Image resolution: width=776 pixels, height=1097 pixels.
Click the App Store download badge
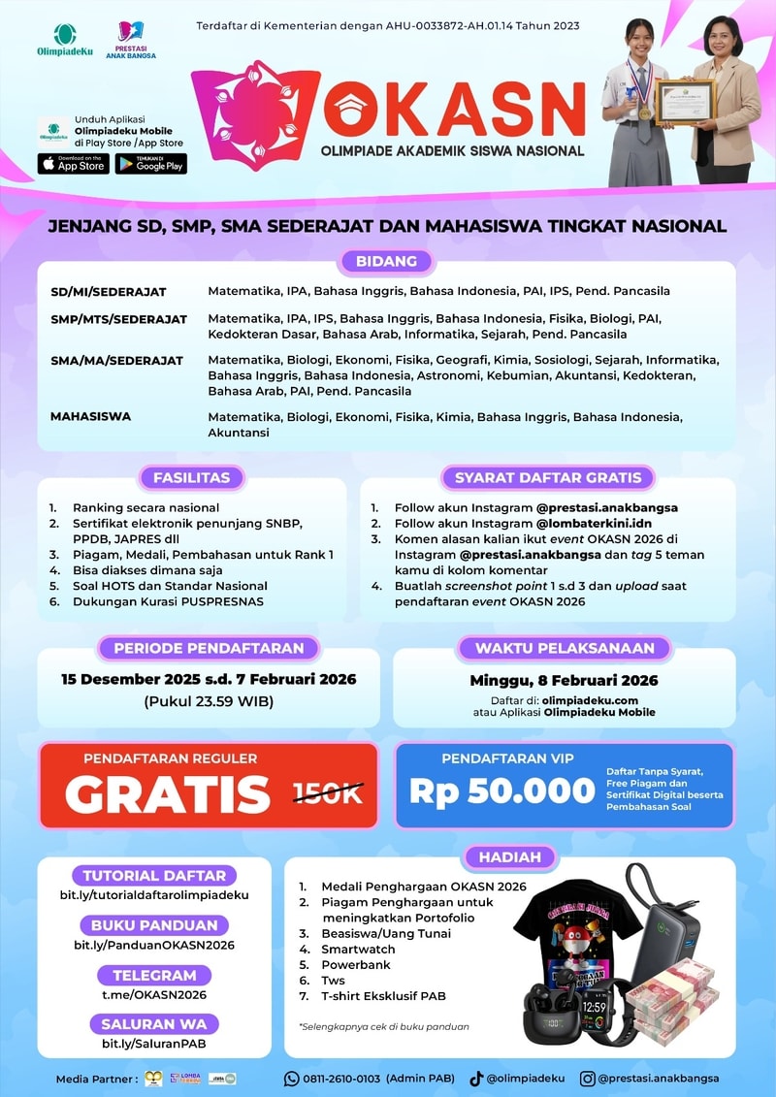74,164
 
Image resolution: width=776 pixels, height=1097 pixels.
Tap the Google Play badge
150,164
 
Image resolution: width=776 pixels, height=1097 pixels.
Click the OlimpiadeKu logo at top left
64,40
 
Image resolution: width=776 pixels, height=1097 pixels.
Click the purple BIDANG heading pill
386,261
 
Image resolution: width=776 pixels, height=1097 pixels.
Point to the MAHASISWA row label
91,416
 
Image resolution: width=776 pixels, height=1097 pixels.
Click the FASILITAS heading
191,477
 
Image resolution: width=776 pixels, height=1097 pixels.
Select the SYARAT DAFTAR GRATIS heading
548,477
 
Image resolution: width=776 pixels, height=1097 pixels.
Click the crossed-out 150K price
328,793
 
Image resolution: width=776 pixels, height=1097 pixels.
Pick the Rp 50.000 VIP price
501,790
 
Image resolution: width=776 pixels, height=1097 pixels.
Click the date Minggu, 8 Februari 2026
564,680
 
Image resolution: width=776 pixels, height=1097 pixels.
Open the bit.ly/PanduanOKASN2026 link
154,945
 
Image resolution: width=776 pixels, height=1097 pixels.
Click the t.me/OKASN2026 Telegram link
154,994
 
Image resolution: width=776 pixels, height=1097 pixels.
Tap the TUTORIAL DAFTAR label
154,875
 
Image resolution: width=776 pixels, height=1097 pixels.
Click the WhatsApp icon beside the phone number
291,1078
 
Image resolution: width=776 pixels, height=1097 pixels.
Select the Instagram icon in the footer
588,1078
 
